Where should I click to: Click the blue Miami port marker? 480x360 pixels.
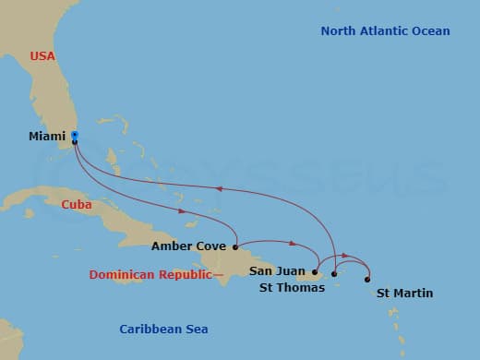click(75, 135)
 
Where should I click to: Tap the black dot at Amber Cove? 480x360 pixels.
click(236, 246)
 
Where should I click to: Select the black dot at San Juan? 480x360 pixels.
click(315, 272)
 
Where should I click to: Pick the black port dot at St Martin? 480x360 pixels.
click(367, 279)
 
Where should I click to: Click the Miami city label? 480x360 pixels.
click(47, 137)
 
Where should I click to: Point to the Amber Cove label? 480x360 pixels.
click(189, 246)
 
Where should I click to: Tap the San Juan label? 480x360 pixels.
click(275, 270)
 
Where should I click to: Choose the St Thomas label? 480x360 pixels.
click(292, 288)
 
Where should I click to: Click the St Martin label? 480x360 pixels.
click(404, 294)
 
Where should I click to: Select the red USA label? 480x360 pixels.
click(42, 55)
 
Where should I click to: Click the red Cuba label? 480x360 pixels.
click(77, 205)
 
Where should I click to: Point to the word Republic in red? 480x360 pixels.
click(185, 275)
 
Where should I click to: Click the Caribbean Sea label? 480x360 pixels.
click(164, 330)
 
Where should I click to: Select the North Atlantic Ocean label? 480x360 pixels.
click(385, 31)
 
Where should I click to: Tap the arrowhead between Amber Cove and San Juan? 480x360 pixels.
click(293, 245)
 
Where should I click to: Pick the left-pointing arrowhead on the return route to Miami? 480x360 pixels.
click(219, 188)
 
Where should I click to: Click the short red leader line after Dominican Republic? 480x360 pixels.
click(219, 275)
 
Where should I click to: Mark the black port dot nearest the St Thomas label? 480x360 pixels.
click(333, 274)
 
